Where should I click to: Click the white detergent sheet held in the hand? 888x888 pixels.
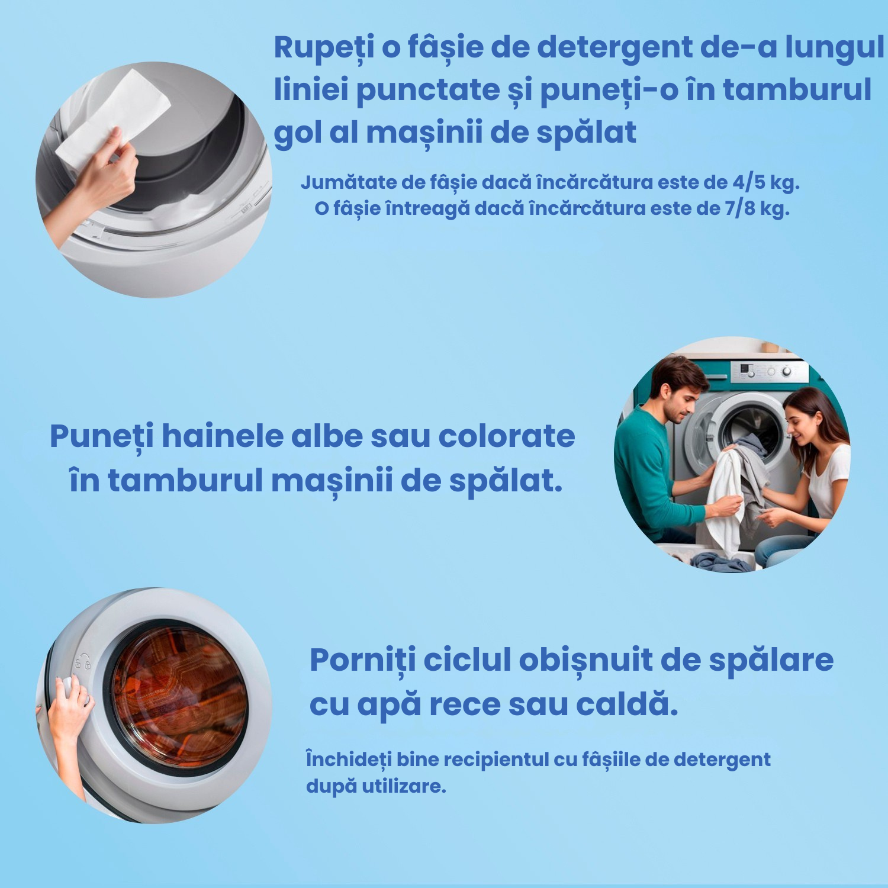pyautogui.click(x=112, y=118)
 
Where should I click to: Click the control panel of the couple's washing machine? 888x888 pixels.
pyautogui.click(x=770, y=372)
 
